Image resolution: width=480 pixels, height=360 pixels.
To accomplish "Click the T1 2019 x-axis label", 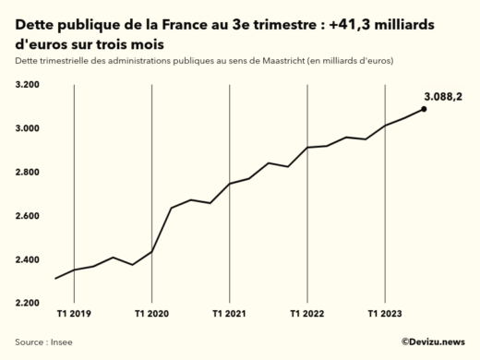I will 74,314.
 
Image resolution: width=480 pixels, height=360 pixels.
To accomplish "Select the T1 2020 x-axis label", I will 151,314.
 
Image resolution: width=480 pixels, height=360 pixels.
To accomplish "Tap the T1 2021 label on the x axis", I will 229,314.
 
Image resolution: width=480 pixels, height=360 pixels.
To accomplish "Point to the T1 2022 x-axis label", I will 306,314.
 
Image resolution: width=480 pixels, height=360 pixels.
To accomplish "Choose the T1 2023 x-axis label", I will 384,314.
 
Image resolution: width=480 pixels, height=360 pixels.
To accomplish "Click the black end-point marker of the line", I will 424,109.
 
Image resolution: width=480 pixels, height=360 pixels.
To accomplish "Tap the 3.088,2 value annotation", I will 443,95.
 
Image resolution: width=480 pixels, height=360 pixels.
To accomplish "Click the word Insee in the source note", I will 61,342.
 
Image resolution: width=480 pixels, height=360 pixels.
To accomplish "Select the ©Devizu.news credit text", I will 432,342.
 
